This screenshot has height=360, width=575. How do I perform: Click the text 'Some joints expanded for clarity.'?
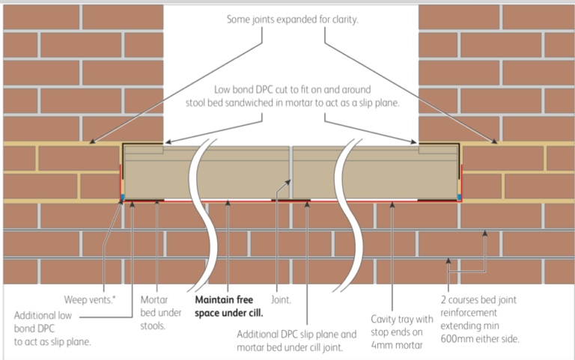293,19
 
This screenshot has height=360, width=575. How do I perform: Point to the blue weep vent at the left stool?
123,198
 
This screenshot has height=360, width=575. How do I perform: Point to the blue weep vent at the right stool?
458,198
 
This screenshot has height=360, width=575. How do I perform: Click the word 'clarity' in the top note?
341,19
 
